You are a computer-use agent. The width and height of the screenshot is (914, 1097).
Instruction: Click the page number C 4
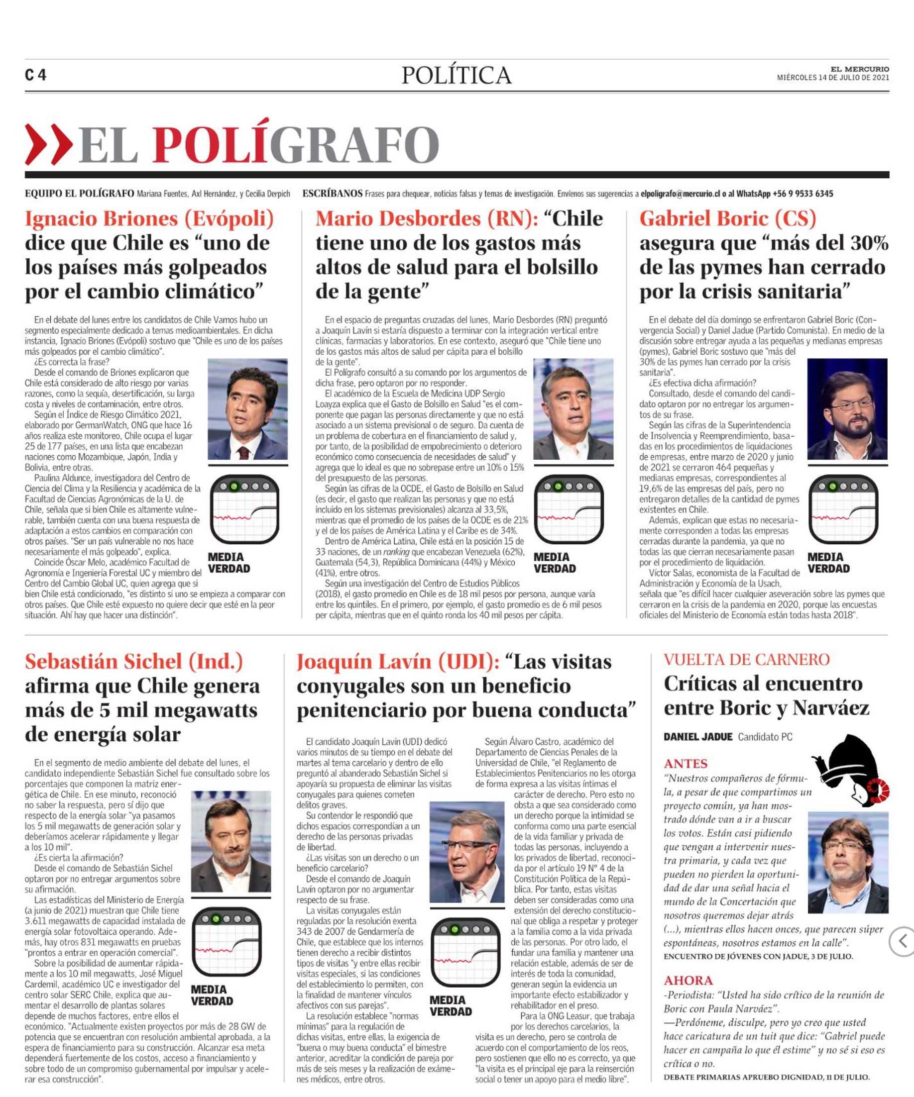[35, 75]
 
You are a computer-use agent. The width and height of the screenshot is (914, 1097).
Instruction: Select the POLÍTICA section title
[456, 75]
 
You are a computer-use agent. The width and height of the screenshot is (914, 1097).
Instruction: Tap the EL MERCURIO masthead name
[859, 69]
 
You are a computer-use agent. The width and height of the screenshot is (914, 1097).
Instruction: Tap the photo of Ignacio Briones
[248, 409]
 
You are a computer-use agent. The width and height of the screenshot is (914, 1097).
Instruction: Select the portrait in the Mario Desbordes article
[573, 409]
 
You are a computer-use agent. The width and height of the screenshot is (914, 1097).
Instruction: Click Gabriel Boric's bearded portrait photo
[847, 409]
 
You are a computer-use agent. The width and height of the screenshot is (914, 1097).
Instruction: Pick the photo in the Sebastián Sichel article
[231, 842]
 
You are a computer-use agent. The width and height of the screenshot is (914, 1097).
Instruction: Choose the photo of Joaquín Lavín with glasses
[466, 852]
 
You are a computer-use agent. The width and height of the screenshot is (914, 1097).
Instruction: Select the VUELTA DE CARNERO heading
[746, 660]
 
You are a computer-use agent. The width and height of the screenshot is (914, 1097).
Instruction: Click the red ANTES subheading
[685, 764]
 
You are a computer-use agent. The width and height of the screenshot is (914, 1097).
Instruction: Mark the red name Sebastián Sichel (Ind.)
[134, 662]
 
